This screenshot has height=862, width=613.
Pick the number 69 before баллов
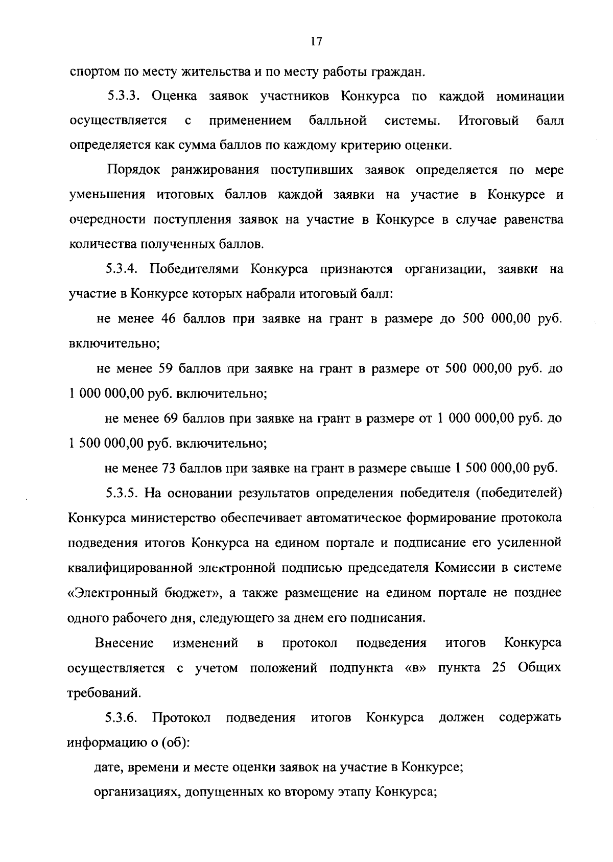point(173,418)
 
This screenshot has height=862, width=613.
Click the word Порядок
point(132,170)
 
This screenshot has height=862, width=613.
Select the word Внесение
point(125,643)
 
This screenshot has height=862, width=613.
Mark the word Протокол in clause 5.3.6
point(182,717)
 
